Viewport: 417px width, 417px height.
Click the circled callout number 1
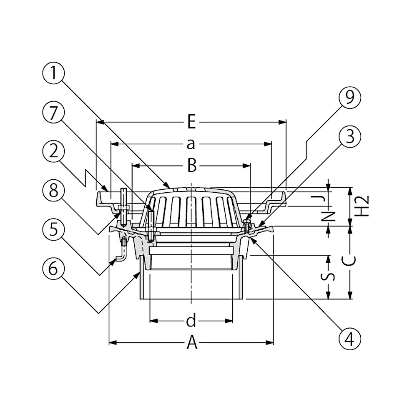pos(53,73)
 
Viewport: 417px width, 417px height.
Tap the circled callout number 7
pos(53,113)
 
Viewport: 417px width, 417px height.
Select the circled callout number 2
pos(53,152)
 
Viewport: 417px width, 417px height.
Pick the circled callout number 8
pos(53,191)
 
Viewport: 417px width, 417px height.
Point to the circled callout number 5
pos(53,229)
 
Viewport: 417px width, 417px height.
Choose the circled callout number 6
pos(53,268)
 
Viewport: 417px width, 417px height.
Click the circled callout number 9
pos(350,98)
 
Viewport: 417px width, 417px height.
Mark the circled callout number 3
pos(350,137)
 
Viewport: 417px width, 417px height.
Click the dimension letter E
pos(191,122)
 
